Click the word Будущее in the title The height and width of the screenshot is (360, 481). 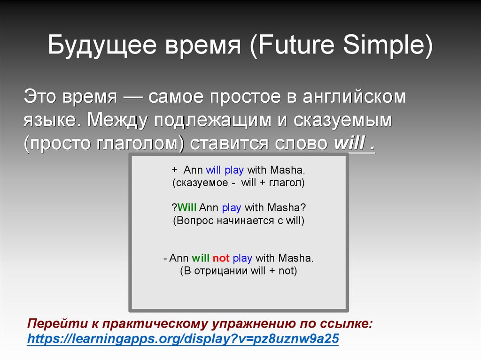[102, 45]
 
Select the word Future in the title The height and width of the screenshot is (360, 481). [296, 45]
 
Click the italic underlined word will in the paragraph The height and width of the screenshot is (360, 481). [349, 143]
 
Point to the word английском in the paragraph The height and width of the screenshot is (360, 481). [354, 97]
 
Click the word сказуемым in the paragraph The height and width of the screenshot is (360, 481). [342, 121]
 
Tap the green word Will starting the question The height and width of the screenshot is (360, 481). [187, 207]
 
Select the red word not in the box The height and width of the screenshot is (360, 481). [221, 258]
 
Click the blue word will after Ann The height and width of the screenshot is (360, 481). [213, 170]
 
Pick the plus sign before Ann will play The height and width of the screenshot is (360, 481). [175, 170]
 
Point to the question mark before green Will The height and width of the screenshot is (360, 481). [174, 207]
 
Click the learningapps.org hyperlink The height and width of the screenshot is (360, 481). [183, 338]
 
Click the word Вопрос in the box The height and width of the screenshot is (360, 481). [195, 221]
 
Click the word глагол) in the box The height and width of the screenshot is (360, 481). [287, 183]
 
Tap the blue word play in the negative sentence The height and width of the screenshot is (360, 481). [242, 258]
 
